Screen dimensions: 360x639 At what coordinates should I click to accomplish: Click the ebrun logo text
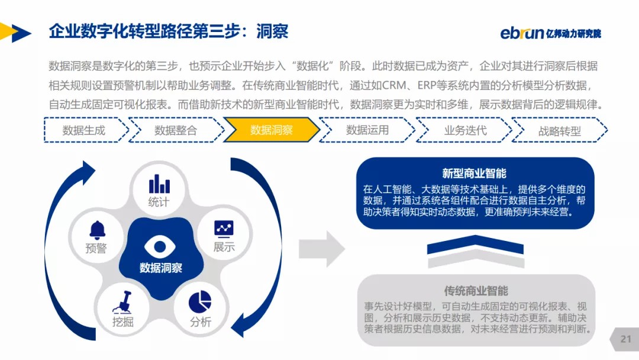point(521,33)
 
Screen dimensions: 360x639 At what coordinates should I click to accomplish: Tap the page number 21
point(626,339)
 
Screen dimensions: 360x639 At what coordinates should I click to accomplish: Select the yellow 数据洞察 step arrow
point(271,130)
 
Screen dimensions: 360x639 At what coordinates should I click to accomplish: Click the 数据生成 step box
point(84,130)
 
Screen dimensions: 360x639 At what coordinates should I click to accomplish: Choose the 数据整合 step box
point(176,130)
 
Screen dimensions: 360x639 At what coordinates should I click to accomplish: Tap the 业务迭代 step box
point(465,130)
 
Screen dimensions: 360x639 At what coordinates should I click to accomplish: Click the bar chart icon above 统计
point(159,183)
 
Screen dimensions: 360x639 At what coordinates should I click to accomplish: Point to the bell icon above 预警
point(96,229)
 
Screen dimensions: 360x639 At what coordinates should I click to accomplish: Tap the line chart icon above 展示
point(224,228)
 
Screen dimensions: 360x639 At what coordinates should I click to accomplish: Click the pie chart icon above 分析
point(200,301)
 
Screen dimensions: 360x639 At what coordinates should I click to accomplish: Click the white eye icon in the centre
point(160,246)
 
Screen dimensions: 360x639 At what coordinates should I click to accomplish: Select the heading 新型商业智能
point(475,173)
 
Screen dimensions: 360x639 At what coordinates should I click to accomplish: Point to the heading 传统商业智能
point(476,291)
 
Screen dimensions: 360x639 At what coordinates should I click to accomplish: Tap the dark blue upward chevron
point(476,243)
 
